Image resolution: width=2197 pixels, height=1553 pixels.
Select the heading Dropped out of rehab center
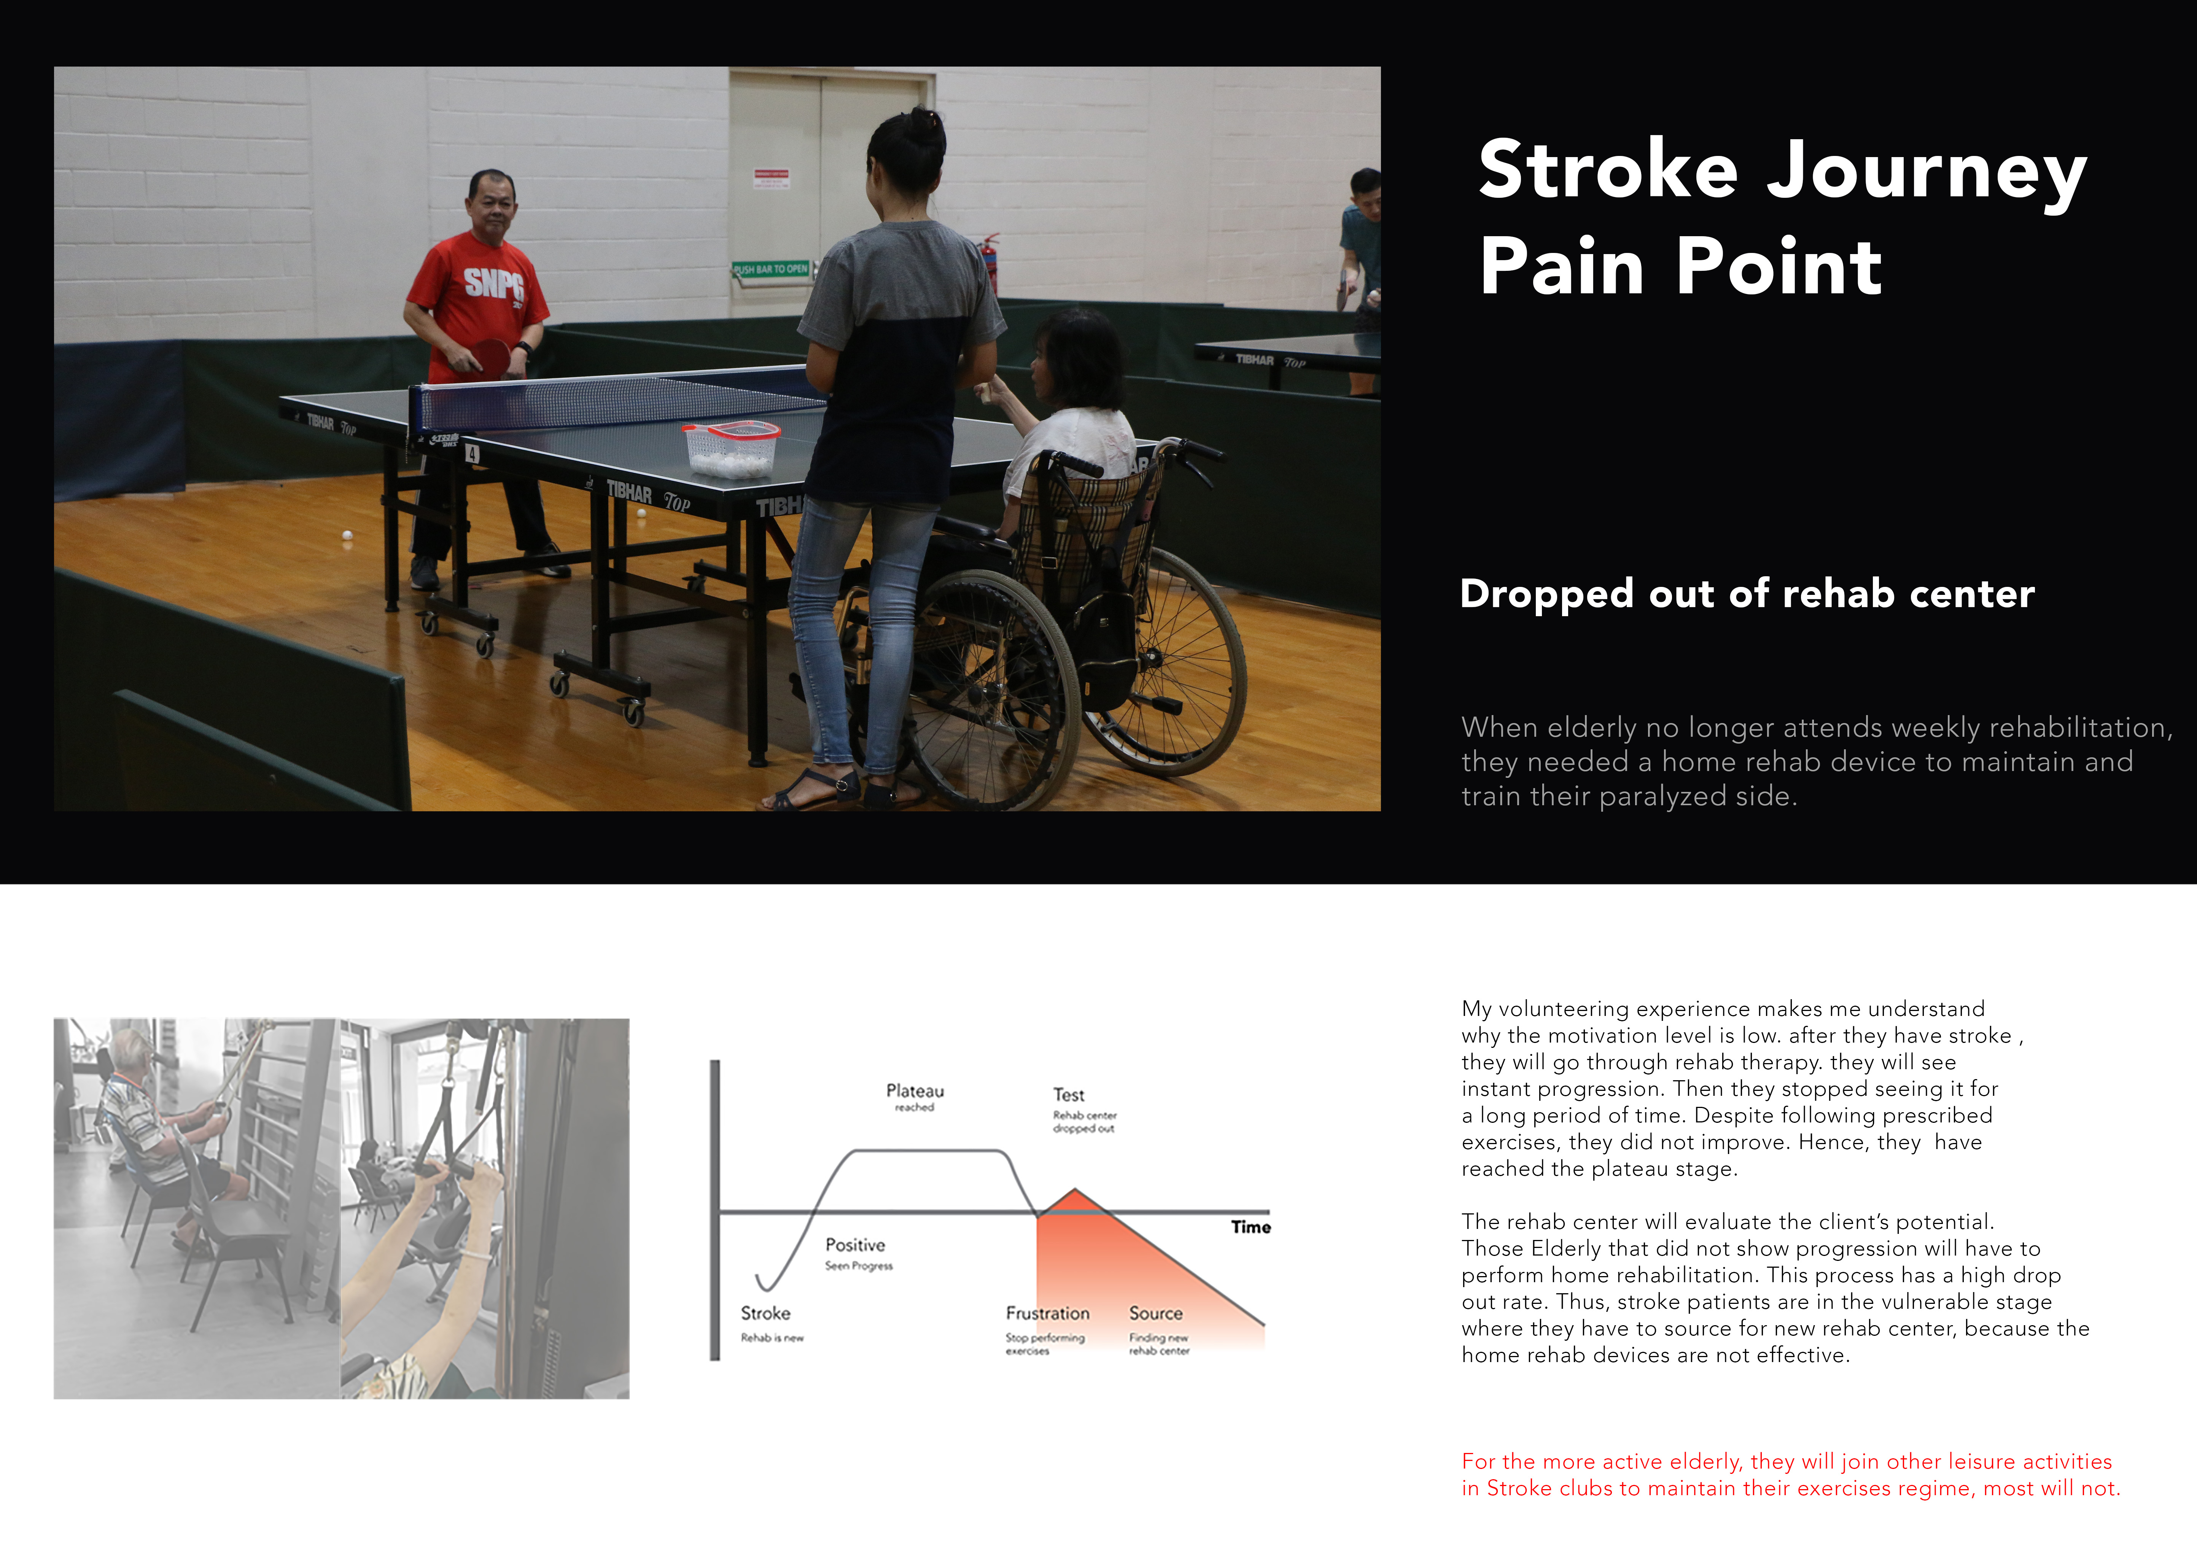[x=1747, y=594]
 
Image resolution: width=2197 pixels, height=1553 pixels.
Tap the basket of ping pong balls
[x=731, y=448]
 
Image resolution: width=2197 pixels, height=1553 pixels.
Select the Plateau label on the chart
[x=915, y=1091]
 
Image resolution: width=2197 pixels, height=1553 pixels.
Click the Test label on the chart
[x=1069, y=1095]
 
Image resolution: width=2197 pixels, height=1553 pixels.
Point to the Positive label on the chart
[x=856, y=1245]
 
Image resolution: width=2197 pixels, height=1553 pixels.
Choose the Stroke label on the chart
[x=765, y=1313]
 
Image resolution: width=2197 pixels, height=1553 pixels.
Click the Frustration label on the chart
[x=1048, y=1313]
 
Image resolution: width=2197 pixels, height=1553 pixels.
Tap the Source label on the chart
[x=1156, y=1313]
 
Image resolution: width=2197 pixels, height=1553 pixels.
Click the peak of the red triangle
[x=1075, y=1189]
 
